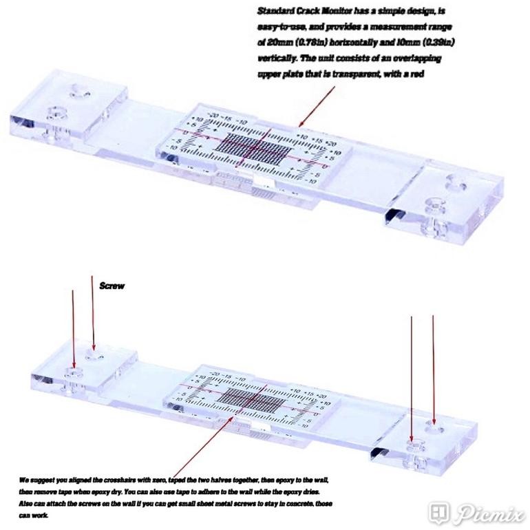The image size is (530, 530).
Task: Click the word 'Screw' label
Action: (112, 286)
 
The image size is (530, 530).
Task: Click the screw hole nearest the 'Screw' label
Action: (94, 357)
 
